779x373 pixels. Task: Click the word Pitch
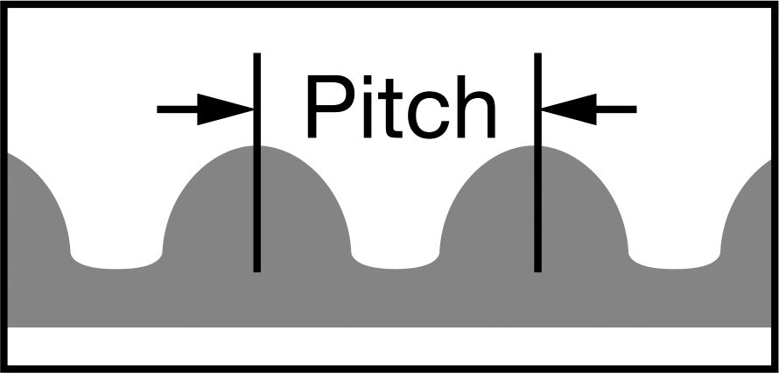[x=402, y=106]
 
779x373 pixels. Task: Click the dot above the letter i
[x=368, y=80]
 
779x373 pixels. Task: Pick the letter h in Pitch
[x=476, y=106]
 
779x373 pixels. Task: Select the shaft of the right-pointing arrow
[x=178, y=109]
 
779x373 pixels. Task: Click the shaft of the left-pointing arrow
[x=616, y=109]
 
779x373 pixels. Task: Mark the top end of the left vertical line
[x=256, y=53]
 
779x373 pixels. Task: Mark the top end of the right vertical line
[x=537, y=53]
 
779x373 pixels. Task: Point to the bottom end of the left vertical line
[x=256, y=271]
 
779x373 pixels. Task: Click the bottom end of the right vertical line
[x=537, y=271]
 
